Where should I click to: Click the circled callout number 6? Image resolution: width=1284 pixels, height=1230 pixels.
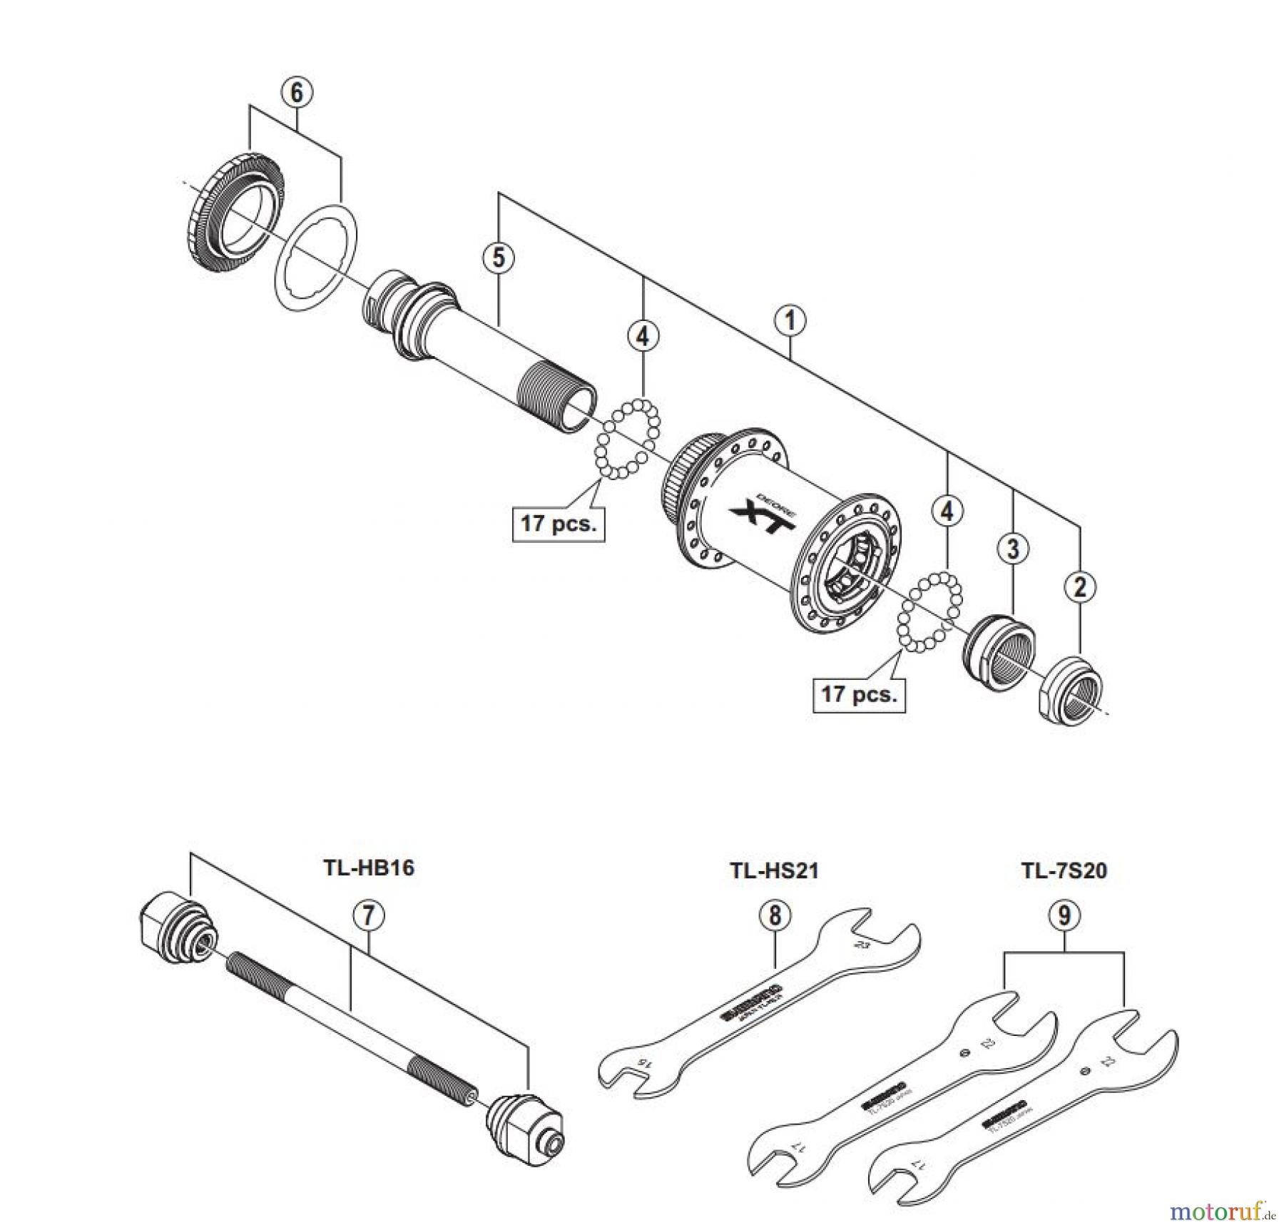[x=296, y=92]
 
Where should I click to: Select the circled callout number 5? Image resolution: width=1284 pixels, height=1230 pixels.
[x=498, y=258]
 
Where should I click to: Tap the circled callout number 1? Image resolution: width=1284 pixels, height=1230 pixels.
[x=790, y=320]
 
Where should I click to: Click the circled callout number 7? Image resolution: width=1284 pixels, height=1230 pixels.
[x=368, y=915]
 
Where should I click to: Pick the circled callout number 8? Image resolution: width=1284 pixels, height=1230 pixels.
[x=775, y=915]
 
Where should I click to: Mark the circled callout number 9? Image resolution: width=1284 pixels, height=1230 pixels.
[x=1064, y=915]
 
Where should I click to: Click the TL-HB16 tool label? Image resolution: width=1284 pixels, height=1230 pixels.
[x=368, y=868]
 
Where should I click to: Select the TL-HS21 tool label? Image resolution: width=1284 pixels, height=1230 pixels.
[x=774, y=870]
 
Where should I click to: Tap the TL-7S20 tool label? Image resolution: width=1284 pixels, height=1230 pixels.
[x=1064, y=870]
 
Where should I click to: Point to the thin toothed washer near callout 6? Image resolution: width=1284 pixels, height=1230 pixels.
[x=317, y=257]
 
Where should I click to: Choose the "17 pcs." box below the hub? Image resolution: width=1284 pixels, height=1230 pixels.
[x=859, y=693]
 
